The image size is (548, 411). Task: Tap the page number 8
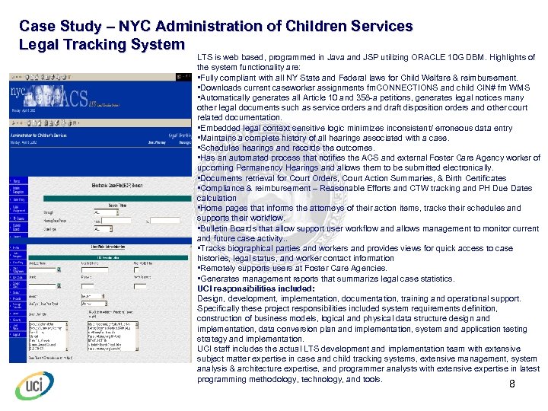pyautogui.click(x=512, y=384)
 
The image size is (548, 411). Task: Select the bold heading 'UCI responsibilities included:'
pyautogui.click(x=251, y=288)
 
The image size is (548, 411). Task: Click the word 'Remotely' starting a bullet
pyautogui.click(x=218, y=268)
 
